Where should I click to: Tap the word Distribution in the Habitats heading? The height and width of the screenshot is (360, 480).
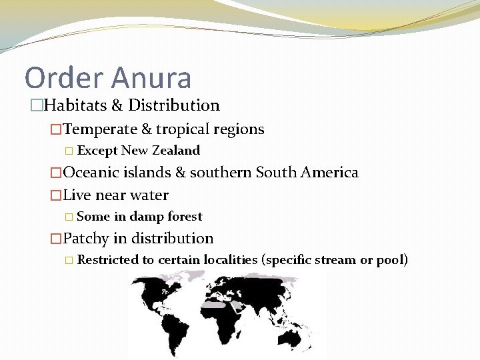pos(174,105)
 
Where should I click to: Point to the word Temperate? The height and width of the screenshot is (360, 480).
pos(99,129)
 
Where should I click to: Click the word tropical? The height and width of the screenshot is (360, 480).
pos(183,129)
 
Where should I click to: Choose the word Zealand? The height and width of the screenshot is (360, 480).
pos(176,151)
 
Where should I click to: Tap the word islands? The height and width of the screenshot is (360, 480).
pos(147,173)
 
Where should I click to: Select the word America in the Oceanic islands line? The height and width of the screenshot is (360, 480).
pos(329,173)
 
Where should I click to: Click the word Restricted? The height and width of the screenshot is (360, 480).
pos(107,260)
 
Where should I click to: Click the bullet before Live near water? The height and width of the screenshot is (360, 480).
pos(56,195)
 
